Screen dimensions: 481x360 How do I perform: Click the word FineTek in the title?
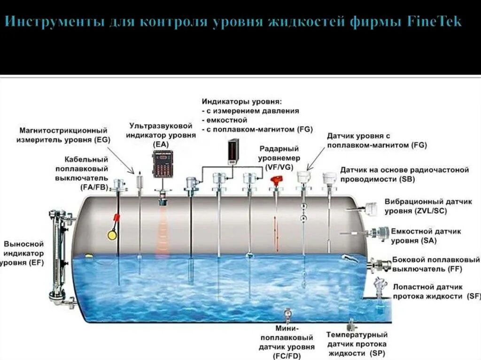click(434, 22)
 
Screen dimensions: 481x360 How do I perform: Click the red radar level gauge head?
click(277, 180)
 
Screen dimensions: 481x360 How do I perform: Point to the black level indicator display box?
click(234, 152)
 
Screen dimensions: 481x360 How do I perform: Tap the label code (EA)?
click(161, 145)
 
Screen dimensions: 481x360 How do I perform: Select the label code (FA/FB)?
click(94, 187)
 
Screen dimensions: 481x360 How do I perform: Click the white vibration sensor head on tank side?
click(370, 208)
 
